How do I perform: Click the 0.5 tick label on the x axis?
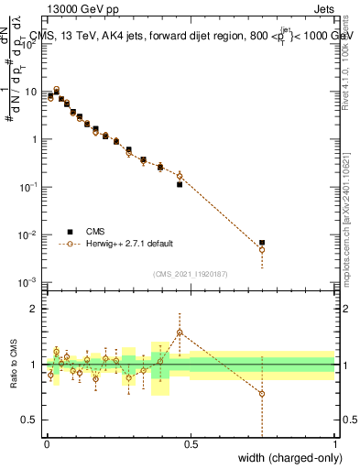click(190, 444)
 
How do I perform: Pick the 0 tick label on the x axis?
click(46, 444)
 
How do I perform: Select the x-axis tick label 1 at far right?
click(333, 444)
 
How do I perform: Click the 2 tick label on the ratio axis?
click(35, 309)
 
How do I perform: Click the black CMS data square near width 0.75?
click(262, 243)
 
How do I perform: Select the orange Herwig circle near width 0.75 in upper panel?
click(262, 249)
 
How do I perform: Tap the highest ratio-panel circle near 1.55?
click(180, 333)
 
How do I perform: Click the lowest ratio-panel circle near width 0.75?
click(262, 394)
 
